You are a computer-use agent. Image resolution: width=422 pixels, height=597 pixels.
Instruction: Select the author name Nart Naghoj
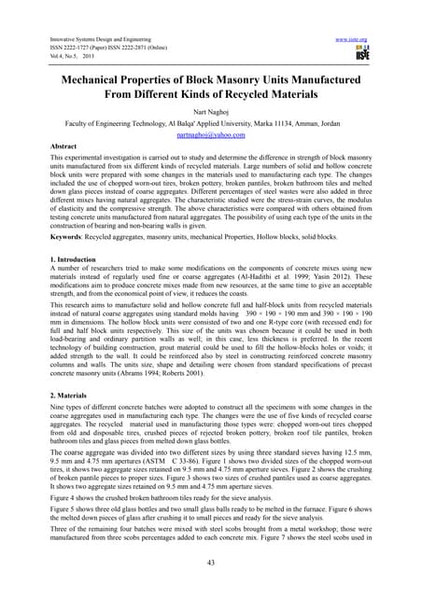210,108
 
